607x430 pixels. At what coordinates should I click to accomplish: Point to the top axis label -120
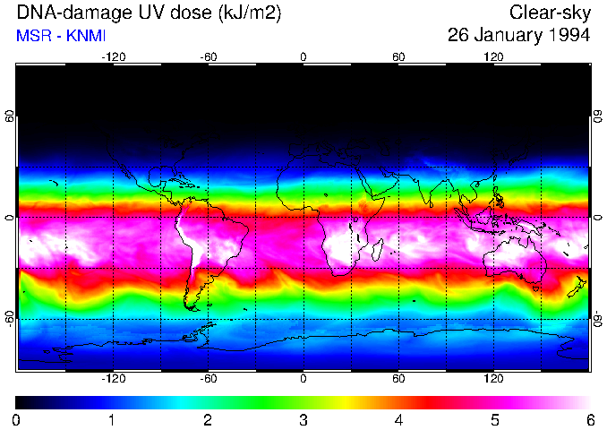point(113,56)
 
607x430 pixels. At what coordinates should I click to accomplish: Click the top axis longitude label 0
point(303,56)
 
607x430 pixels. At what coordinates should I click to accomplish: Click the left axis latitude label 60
point(9,116)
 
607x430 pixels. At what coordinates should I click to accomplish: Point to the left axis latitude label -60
point(9,319)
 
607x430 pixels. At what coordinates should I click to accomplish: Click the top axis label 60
point(398,56)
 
